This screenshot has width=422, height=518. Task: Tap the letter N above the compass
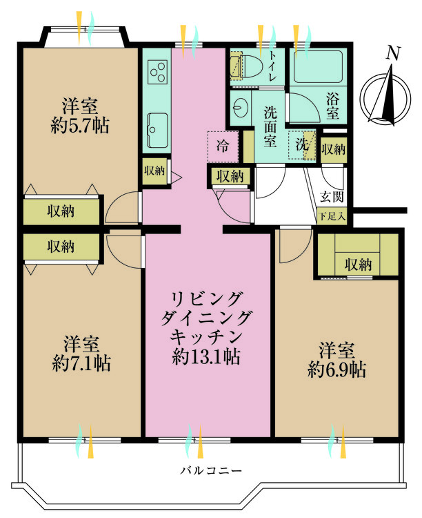click(393, 53)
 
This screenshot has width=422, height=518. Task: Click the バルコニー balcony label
click(211, 471)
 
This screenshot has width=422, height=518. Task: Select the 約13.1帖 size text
click(206, 357)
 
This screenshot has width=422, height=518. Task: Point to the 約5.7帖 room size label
click(81, 125)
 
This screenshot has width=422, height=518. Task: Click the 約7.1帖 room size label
click(81, 361)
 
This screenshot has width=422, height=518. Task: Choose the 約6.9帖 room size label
click(336, 370)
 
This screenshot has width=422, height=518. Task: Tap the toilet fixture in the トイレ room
click(242, 66)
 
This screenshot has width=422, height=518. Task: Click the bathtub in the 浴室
click(317, 67)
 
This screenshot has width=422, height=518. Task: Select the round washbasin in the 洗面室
click(241, 107)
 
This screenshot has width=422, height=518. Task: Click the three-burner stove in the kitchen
click(157, 71)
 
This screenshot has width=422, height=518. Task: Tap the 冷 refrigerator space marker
click(223, 146)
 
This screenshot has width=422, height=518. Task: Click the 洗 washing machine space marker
click(302, 145)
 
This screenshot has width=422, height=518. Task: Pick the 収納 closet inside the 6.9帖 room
click(358, 263)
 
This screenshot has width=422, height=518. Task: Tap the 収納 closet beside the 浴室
click(333, 149)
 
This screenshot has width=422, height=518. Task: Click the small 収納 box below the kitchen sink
click(154, 170)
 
